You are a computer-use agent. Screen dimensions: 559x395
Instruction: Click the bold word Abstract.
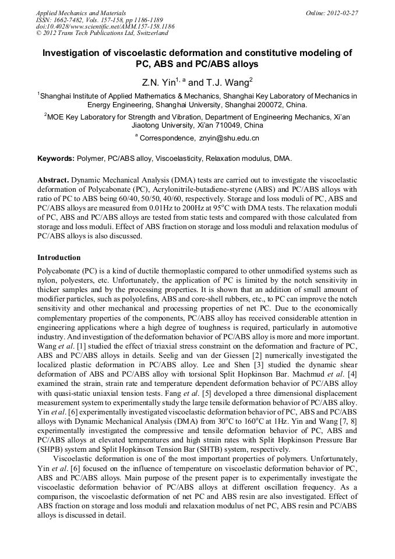tap(52, 181)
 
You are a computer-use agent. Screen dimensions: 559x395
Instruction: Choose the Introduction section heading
tap(59, 257)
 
